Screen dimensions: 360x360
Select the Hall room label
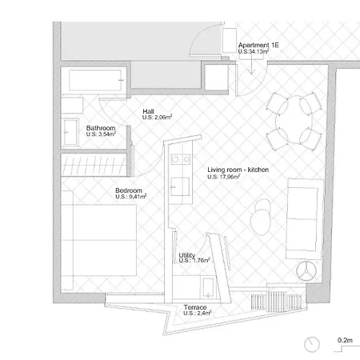click(149, 111)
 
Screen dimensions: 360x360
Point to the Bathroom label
click(102, 128)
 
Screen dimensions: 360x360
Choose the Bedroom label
click(129, 190)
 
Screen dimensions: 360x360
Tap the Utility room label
click(187, 255)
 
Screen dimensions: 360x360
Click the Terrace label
click(195, 307)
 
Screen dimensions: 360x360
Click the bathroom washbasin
click(70, 131)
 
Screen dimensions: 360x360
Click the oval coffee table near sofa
click(261, 215)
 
